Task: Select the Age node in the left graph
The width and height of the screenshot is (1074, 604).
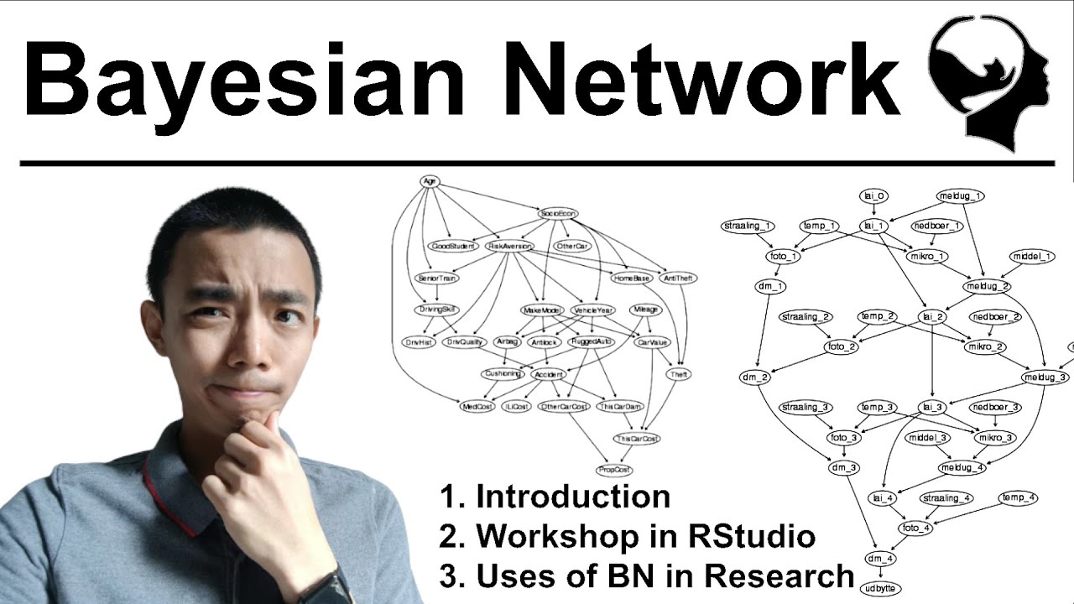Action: point(430,181)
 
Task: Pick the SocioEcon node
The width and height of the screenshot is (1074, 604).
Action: point(559,214)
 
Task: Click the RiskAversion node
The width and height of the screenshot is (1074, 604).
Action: point(509,246)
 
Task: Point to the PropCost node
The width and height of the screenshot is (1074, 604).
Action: point(613,470)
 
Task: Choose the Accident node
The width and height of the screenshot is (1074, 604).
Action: point(548,374)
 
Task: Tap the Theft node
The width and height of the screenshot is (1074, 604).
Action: point(678,374)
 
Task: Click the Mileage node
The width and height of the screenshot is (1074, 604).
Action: point(645,310)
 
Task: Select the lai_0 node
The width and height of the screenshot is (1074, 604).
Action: point(873,195)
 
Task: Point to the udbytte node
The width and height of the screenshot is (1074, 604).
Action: point(878,588)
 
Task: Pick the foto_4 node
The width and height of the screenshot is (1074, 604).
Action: point(915,528)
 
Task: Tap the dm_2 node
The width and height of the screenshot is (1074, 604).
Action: point(755,377)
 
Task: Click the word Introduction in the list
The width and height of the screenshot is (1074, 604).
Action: point(573,497)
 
